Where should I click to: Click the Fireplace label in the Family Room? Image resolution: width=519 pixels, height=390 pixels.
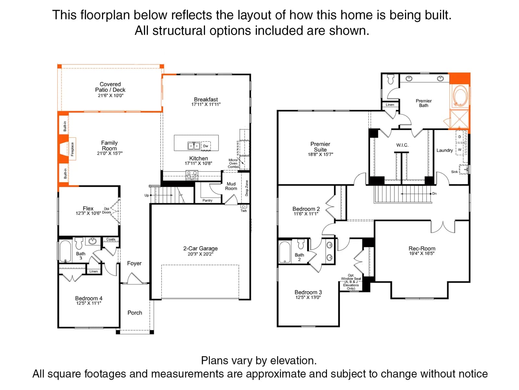point(72,149)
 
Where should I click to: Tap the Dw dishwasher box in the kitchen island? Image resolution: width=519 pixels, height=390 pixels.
point(206,146)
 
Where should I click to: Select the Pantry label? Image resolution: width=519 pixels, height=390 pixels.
point(207,201)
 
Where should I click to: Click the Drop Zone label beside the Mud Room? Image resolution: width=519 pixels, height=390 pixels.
point(247,188)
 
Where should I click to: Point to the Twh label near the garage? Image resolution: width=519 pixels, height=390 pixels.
point(244,211)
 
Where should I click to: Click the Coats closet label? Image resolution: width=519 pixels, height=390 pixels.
point(111,240)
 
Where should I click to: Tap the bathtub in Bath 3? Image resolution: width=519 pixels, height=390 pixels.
point(65,251)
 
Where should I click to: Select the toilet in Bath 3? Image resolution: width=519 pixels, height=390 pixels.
point(79,243)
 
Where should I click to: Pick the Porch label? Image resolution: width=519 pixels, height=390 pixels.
point(135,313)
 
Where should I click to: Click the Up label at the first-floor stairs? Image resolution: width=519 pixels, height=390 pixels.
point(147,195)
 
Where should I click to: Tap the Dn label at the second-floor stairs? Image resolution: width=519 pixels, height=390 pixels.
point(434,193)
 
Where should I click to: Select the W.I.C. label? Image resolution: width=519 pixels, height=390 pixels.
point(402,145)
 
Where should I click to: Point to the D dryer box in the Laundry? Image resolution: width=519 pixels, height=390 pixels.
point(460,136)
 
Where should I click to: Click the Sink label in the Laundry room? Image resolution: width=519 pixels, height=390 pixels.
point(454,172)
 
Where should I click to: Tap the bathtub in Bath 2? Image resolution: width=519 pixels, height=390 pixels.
point(285,252)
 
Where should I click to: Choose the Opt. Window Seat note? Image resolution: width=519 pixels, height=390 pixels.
point(351,282)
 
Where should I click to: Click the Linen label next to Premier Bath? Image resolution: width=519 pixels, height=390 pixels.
point(390,105)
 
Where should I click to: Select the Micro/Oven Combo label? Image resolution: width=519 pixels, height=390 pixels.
point(233,163)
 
